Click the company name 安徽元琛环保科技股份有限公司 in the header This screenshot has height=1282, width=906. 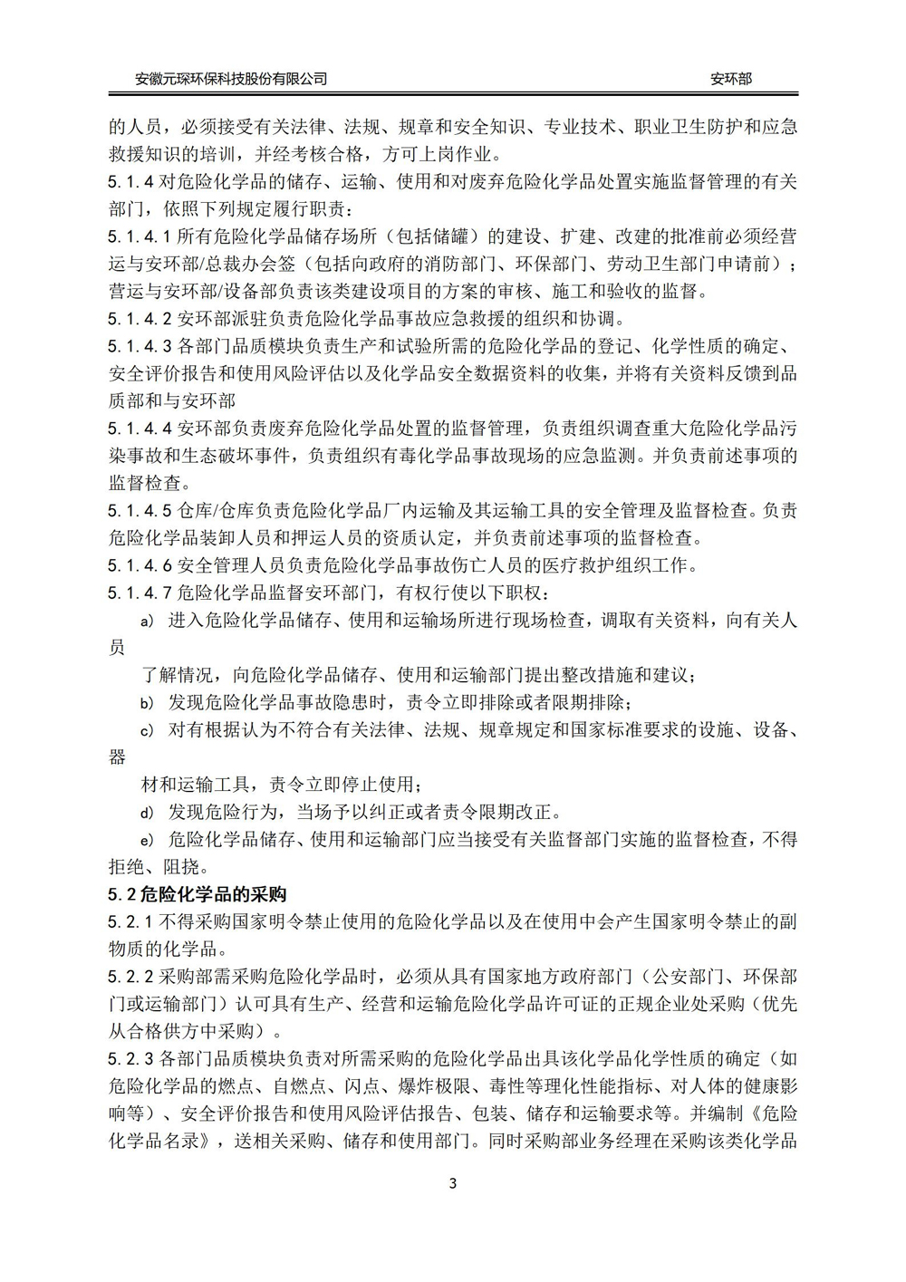tap(231, 79)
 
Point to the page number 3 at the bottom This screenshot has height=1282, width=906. tap(453, 1183)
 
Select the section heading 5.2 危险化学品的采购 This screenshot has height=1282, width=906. tap(198, 894)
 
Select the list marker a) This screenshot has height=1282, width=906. tap(148, 622)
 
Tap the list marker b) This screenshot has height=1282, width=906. tap(148, 703)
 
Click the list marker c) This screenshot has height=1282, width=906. tap(148, 730)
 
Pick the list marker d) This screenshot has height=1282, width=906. tap(148, 812)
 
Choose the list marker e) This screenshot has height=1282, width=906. tap(148, 840)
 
